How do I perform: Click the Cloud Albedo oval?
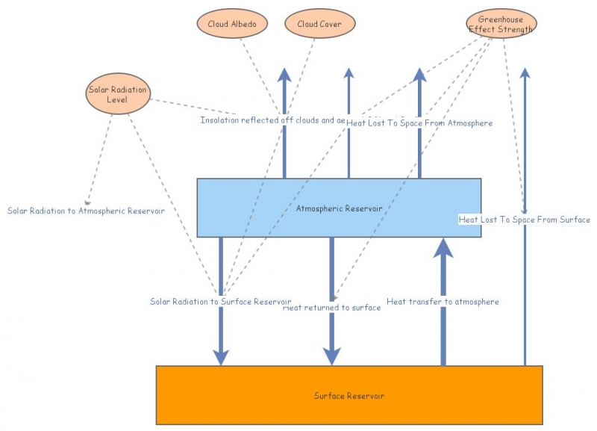point(231,24)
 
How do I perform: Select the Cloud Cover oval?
point(319,24)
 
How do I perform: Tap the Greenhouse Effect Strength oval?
point(501,24)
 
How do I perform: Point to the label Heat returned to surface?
point(333,308)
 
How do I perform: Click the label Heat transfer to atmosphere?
point(443,302)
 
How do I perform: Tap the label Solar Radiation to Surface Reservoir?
point(220,302)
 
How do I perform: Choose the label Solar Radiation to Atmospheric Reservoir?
point(86,211)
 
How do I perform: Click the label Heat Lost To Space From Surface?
point(524,220)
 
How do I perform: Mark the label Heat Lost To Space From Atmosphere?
point(419,123)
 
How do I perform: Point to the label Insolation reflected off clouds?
point(272,120)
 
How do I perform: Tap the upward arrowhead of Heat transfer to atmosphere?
point(444,247)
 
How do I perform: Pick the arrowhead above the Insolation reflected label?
point(284,74)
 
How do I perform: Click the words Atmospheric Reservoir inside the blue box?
point(329,208)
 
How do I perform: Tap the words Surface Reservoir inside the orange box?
point(348,395)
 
